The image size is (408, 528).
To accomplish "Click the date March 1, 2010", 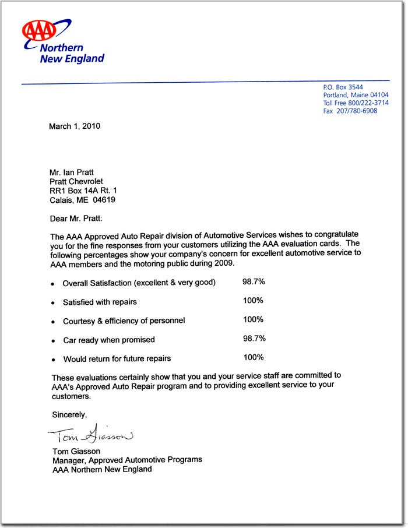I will [x=75, y=126].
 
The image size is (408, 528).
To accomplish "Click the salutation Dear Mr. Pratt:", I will [x=76, y=219].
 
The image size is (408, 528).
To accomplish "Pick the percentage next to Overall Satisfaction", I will [x=254, y=282].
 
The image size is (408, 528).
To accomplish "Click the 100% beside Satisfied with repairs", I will [x=253, y=301].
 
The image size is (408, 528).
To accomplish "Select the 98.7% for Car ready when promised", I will [x=254, y=339].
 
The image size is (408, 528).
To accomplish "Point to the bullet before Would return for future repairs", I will [x=53, y=360].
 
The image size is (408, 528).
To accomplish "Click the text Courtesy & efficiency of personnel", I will [x=124, y=321].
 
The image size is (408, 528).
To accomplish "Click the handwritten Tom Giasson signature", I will [x=90, y=436].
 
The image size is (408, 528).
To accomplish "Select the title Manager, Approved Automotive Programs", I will [x=127, y=460].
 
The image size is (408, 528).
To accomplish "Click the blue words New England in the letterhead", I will [x=72, y=58].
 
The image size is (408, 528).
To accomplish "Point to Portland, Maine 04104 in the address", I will [x=356, y=95].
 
